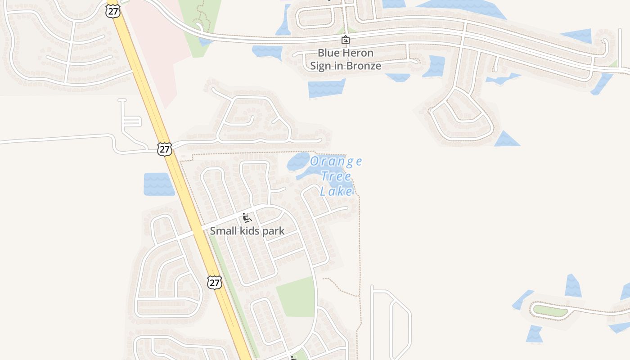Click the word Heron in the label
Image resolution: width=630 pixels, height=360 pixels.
[x=357, y=53]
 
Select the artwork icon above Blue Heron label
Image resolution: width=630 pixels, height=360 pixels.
[x=345, y=40]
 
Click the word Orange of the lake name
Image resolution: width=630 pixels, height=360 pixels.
[x=336, y=161]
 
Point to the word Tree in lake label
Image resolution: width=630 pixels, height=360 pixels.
[x=336, y=176]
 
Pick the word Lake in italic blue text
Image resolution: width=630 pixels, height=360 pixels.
[x=336, y=191]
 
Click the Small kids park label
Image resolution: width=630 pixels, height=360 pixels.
[x=247, y=231]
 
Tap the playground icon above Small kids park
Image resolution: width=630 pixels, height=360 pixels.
[x=247, y=218]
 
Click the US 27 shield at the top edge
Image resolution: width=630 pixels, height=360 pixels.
[x=113, y=11]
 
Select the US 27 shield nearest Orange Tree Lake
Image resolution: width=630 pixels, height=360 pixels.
[x=165, y=149]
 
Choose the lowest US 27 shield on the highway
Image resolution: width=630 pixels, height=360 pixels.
[x=215, y=283]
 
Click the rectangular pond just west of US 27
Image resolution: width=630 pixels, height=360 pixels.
[x=159, y=184]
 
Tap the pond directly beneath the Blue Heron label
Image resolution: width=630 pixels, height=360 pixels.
[x=326, y=88]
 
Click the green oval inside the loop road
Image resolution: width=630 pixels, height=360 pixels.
[x=549, y=310]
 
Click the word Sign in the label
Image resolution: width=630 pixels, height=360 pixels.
[x=320, y=66]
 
